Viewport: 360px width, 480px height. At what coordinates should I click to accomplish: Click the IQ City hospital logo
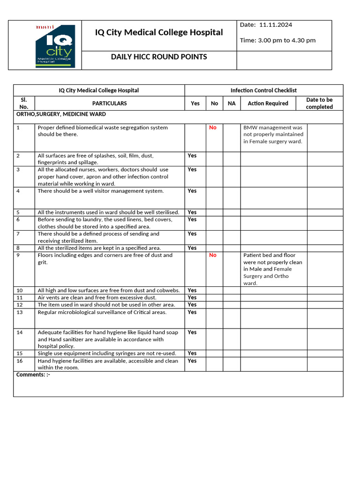(x=54, y=46)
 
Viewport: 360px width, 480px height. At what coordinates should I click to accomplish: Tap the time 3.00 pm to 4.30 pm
(x=277, y=40)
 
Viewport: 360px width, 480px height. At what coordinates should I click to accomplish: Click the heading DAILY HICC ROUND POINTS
(x=158, y=57)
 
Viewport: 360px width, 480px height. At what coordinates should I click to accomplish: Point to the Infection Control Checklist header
(x=263, y=90)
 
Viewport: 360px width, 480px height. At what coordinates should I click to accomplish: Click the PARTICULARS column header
(x=109, y=104)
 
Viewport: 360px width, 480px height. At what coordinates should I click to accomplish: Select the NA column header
(x=232, y=104)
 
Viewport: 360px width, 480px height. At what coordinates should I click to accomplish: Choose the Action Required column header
(x=268, y=104)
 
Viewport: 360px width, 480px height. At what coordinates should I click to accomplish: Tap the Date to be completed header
(x=319, y=103)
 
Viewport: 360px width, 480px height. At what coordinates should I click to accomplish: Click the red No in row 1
(x=213, y=127)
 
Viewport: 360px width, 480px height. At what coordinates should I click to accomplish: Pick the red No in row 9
(x=213, y=255)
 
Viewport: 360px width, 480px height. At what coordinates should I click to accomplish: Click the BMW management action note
(x=273, y=135)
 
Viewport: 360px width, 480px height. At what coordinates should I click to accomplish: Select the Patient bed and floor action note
(x=273, y=269)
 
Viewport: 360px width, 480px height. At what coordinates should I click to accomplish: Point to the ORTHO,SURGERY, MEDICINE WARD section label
(x=61, y=114)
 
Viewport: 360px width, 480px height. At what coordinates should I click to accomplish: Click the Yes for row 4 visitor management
(x=192, y=191)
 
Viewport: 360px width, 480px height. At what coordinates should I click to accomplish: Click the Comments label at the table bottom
(x=33, y=375)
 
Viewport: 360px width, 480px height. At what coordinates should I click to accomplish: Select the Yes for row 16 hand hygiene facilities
(x=192, y=361)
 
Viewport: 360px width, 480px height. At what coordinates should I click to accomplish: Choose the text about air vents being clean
(x=97, y=298)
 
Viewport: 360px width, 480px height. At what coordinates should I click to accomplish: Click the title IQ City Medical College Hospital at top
(x=159, y=32)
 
